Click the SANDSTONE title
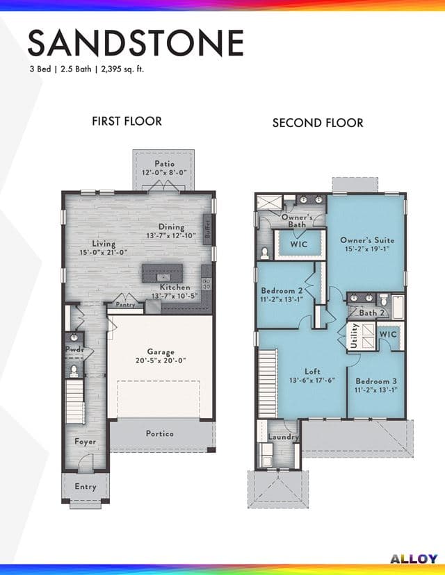pos(136,43)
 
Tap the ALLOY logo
pos(414,559)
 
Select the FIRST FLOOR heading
pos(127,121)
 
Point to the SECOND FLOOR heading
pos(318,122)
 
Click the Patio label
pos(164,164)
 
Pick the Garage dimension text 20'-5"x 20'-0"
pos(161,360)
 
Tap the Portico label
pos(160,433)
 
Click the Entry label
pos(86,487)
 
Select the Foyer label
pos(86,442)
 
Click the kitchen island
pos(162,273)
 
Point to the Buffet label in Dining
pos(207,229)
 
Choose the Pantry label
pos(126,304)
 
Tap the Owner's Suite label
pos(367,240)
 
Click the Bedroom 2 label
pos(282,290)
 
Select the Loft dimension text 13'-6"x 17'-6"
pos(312,381)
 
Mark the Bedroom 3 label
pos(376,381)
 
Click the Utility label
pos(355,335)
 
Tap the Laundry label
pos(283,437)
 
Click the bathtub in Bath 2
pos(398,306)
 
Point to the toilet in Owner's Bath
pos(264,252)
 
